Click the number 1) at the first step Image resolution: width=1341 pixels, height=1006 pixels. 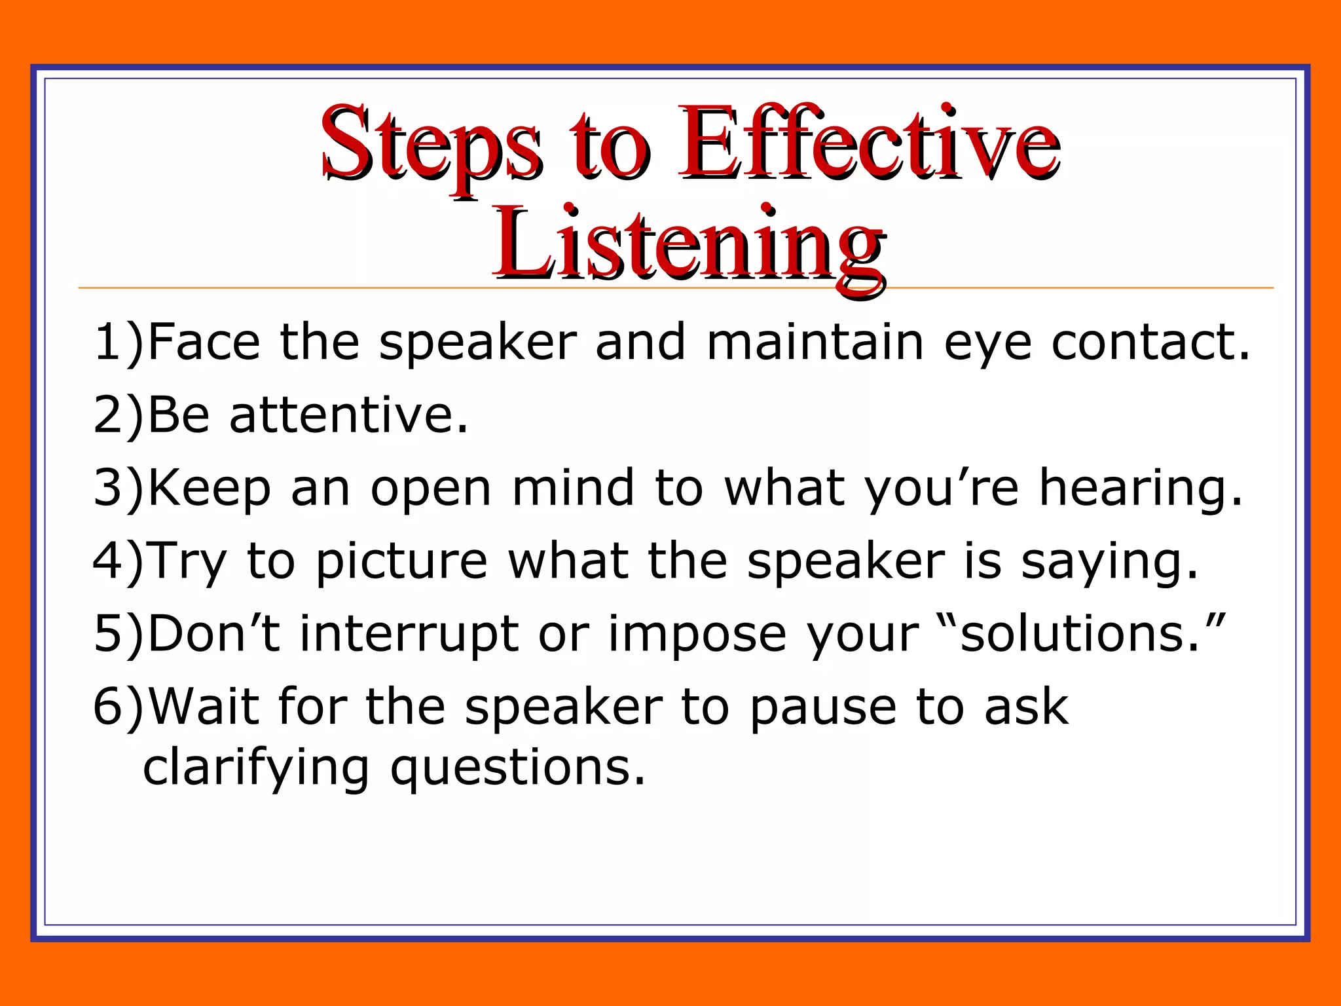coord(118,343)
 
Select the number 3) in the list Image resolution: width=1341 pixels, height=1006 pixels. coord(118,489)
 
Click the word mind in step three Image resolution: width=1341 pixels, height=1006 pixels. coord(573,488)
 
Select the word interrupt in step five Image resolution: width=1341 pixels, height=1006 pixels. coord(409,635)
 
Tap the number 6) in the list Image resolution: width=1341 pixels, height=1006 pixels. coord(118,707)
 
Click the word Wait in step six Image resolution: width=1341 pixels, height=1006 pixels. coord(204,707)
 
